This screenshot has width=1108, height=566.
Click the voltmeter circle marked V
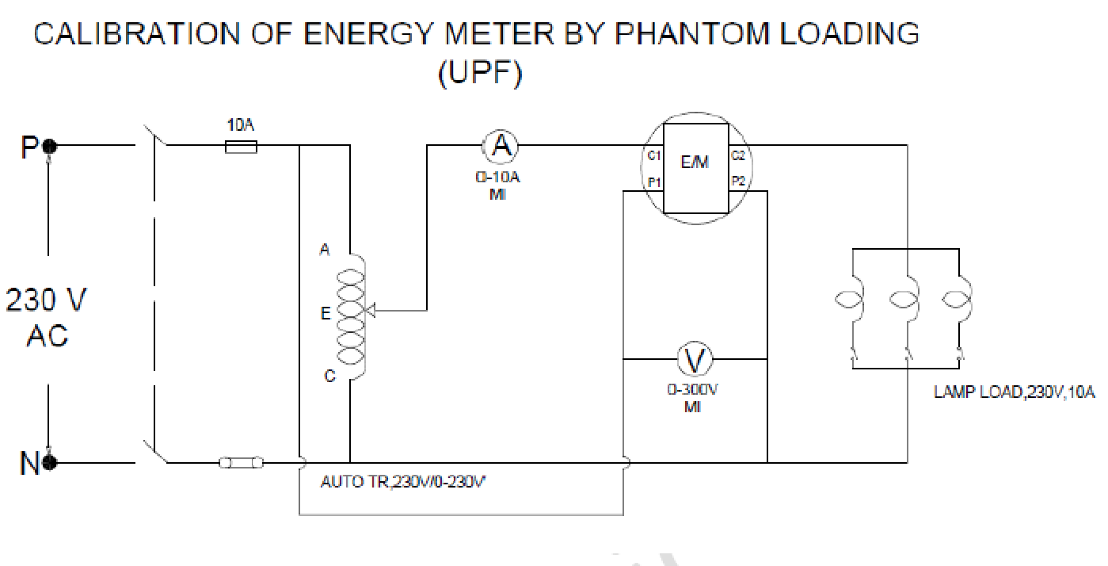(x=694, y=360)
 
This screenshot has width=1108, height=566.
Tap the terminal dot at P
(x=49, y=146)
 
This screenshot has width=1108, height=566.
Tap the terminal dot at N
(x=49, y=463)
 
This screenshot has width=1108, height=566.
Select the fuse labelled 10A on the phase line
(x=240, y=146)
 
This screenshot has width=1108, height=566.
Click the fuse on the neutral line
(x=241, y=463)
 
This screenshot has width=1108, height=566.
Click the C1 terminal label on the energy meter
(x=653, y=155)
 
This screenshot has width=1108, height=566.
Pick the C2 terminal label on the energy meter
(x=737, y=155)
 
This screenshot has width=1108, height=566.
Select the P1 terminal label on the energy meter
(x=653, y=182)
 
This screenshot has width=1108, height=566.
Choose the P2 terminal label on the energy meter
(x=737, y=182)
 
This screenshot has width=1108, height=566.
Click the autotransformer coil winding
(x=352, y=317)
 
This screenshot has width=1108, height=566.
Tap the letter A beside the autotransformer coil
(x=324, y=250)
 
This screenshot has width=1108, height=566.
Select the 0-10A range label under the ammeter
(x=498, y=178)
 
